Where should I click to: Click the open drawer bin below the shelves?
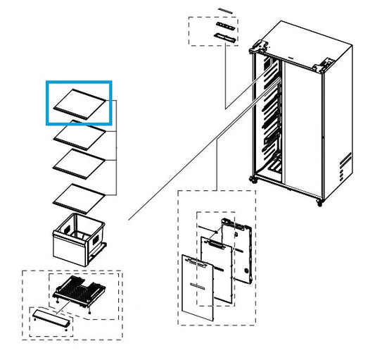click(77, 240)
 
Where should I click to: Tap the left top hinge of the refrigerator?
click(258, 49)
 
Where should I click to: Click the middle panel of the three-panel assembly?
click(217, 268)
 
